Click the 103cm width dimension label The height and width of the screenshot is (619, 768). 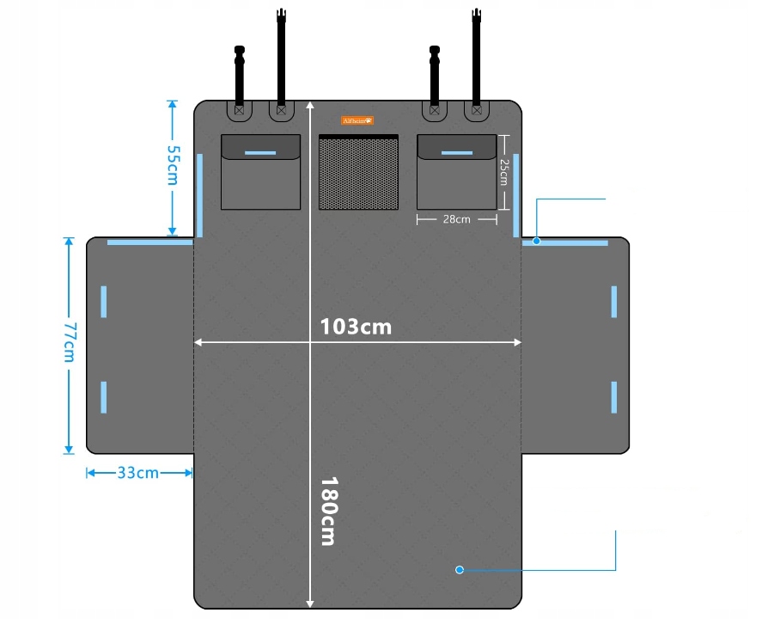point(356,328)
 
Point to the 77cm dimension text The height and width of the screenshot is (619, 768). point(70,342)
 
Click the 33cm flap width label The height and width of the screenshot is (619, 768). point(137,473)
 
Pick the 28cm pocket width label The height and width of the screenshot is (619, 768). point(456,219)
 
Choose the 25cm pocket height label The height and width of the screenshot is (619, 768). point(504,172)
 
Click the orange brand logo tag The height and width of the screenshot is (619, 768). point(357,120)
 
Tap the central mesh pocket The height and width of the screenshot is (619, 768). point(358,174)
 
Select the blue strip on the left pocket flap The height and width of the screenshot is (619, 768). point(260,153)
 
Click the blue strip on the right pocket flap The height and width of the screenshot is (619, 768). point(456,153)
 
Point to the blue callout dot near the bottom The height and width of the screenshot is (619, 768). point(460,570)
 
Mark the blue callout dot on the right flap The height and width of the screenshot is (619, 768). point(536,242)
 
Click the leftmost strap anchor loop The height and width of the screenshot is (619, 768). point(239,110)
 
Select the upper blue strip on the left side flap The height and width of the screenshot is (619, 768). point(104,301)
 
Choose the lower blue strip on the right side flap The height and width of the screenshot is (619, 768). point(614,396)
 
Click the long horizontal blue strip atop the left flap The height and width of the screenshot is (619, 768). point(149,242)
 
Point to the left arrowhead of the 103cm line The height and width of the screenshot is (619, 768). point(198,342)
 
